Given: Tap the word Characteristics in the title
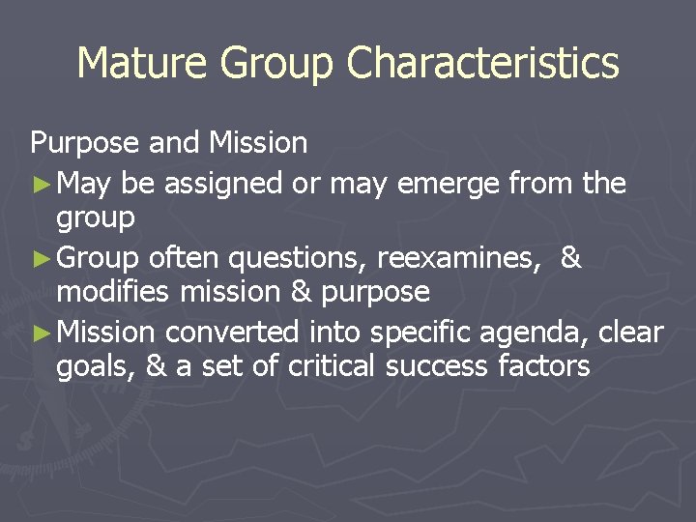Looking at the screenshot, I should tap(483, 64).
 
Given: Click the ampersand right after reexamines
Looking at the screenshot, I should tap(570, 258).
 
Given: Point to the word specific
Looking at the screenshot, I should tap(422, 333).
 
